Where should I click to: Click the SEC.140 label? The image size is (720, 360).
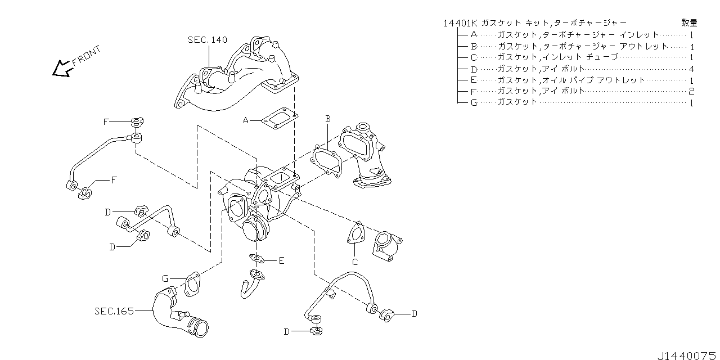(207, 40)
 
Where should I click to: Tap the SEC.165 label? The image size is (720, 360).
(114, 310)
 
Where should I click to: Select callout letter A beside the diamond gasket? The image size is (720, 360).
(246, 120)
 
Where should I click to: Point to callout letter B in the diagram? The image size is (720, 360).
(328, 118)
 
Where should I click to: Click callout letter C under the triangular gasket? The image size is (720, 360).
(355, 262)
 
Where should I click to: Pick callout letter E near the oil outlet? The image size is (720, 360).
(281, 260)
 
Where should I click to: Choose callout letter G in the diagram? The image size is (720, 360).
(165, 278)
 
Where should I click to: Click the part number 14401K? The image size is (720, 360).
(460, 23)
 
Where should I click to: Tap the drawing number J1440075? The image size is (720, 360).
(686, 354)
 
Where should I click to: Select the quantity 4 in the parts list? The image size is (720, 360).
(691, 69)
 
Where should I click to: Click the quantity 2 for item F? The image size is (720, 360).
(691, 91)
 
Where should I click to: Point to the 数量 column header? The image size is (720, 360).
(689, 23)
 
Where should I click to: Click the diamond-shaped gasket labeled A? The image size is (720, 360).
(280, 119)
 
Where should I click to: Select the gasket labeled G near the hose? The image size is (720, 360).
(191, 284)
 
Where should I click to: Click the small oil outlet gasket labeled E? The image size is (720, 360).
(257, 259)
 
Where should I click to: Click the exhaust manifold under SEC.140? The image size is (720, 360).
(236, 79)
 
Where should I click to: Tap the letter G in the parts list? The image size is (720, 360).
(474, 102)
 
